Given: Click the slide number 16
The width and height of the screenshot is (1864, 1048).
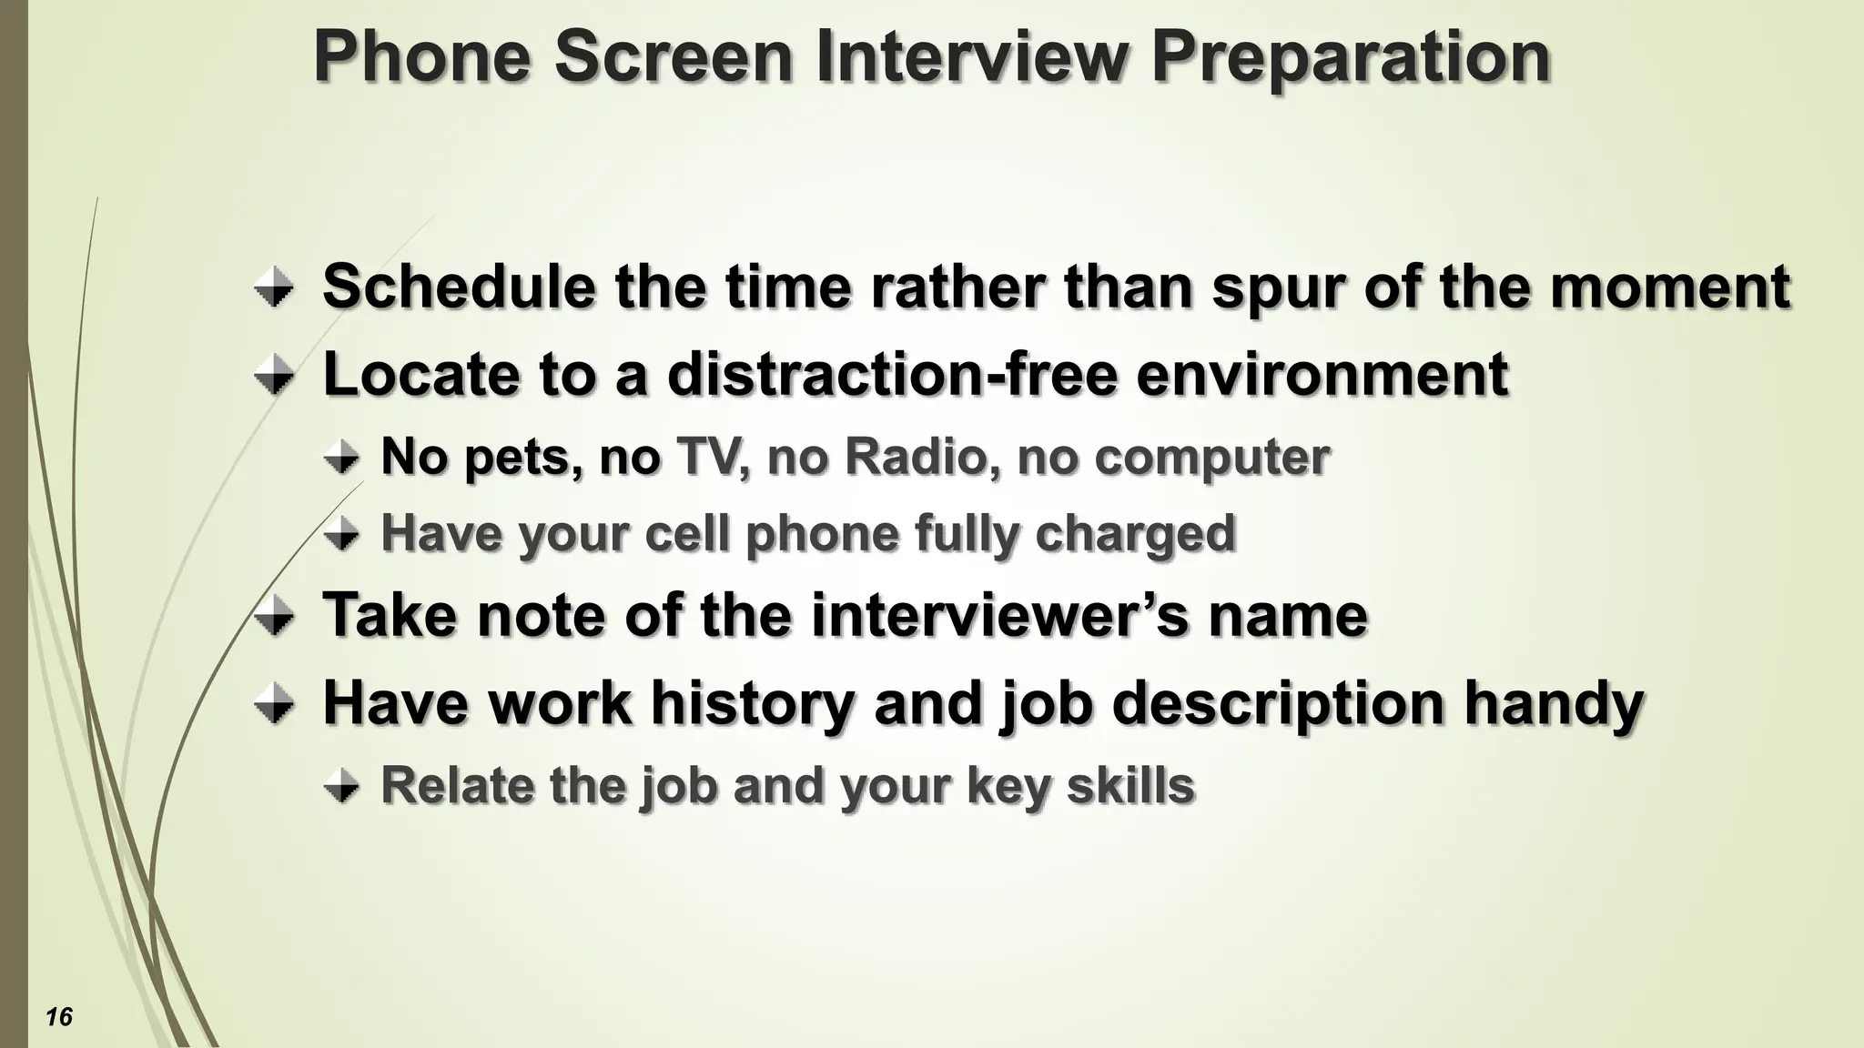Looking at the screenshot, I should coord(59,1016).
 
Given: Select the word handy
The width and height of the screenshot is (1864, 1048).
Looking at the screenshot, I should coord(1554,704).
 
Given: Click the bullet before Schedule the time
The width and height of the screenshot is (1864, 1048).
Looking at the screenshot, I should coord(274,289).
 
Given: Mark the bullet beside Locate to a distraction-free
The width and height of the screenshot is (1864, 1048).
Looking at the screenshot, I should coord(274,376).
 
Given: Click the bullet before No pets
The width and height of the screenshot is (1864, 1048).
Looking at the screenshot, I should coord(342,458).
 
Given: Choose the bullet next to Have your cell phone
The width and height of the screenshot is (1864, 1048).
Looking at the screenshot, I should coord(342,535).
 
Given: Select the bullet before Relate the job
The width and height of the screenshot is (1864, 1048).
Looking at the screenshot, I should coord(342,787).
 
